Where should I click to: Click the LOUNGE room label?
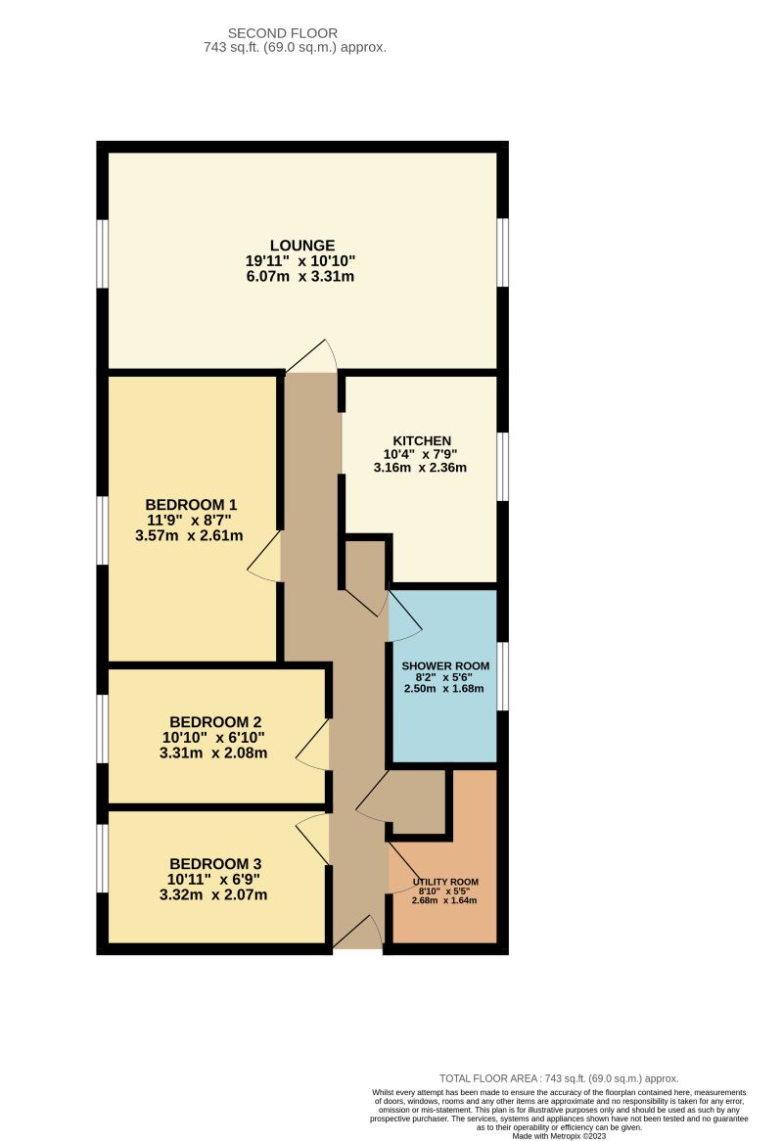[302, 245]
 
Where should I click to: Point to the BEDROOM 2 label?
[215, 721]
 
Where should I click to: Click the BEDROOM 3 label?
[215, 864]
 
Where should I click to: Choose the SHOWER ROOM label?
[445, 666]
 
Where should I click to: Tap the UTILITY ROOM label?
[445, 882]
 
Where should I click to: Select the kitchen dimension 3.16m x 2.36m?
[420, 468]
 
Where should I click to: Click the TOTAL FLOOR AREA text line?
[559, 1077]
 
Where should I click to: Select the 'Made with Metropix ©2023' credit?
[559, 1136]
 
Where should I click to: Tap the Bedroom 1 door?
[265, 558]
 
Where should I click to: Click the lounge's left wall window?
[102, 253]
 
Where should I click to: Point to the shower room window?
[502, 676]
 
